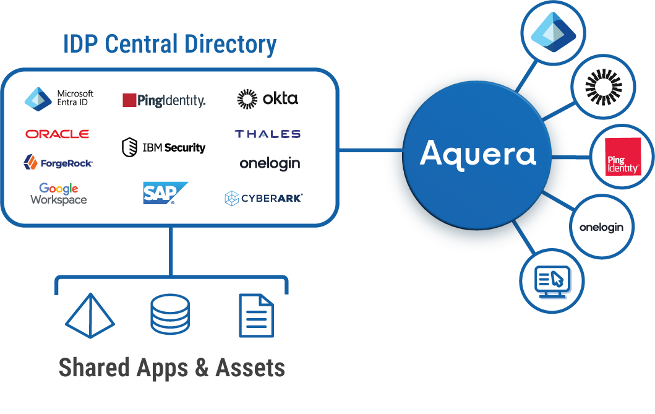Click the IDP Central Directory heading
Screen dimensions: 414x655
(x=169, y=45)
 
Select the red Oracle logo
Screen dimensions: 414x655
(x=57, y=134)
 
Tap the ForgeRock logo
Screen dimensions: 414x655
(x=58, y=163)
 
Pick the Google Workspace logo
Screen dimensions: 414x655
(x=59, y=194)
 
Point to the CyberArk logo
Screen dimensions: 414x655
(x=263, y=198)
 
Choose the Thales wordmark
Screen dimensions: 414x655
(x=267, y=134)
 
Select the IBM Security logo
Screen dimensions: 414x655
(x=163, y=147)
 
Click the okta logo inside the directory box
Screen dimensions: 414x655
(x=267, y=98)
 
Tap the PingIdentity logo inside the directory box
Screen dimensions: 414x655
(x=164, y=100)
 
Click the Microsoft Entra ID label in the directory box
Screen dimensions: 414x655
(x=74, y=98)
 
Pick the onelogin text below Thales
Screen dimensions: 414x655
(x=270, y=163)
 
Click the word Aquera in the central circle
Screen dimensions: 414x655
(x=477, y=153)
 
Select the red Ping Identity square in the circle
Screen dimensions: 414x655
(x=622, y=157)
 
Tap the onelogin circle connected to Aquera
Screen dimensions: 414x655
(x=601, y=227)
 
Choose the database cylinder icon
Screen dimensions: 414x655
(x=170, y=314)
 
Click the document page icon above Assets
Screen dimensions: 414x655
(x=256, y=316)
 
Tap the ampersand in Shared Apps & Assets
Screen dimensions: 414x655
(x=202, y=368)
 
